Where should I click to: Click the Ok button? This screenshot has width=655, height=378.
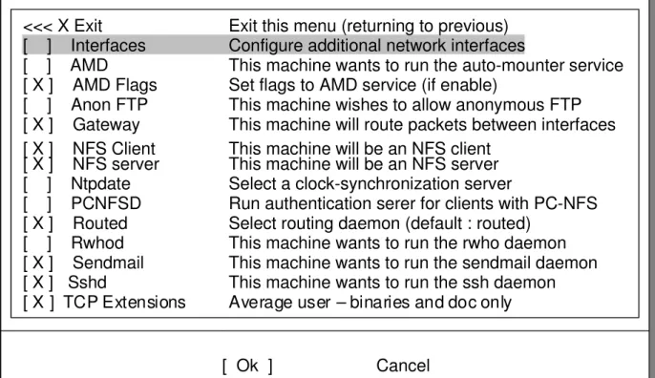coord(247,366)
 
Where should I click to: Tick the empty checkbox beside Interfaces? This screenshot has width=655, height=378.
coord(37,46)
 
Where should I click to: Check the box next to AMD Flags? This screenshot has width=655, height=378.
coord(38,85)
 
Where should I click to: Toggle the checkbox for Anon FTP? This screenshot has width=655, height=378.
coord(37,105)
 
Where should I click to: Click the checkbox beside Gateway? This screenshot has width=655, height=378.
coord(38,125)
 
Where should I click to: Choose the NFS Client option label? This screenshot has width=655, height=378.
coord(114,149)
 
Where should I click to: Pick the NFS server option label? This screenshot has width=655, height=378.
coord(116,164)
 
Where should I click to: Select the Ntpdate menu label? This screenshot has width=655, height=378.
coord(100,184)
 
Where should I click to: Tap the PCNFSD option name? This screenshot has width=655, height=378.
coord(106,203)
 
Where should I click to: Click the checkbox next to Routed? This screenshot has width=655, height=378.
coord(38,223)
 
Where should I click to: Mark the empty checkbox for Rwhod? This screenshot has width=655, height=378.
coord(37,243)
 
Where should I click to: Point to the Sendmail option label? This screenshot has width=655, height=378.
coord(108,262)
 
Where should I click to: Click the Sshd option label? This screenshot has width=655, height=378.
coord(87,283)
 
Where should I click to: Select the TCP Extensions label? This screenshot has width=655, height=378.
coord(124,303)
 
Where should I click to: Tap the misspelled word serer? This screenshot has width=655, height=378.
coord(382,204)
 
